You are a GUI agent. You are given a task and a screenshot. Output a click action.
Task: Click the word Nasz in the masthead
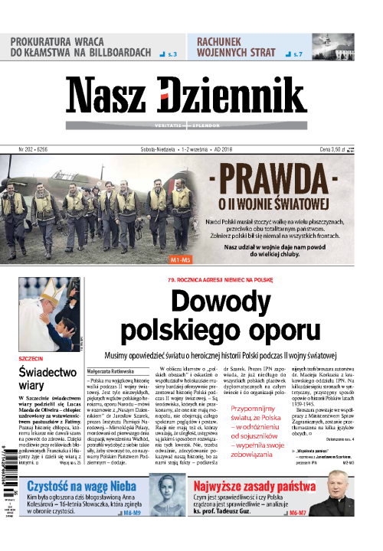[x=113, y=98]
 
